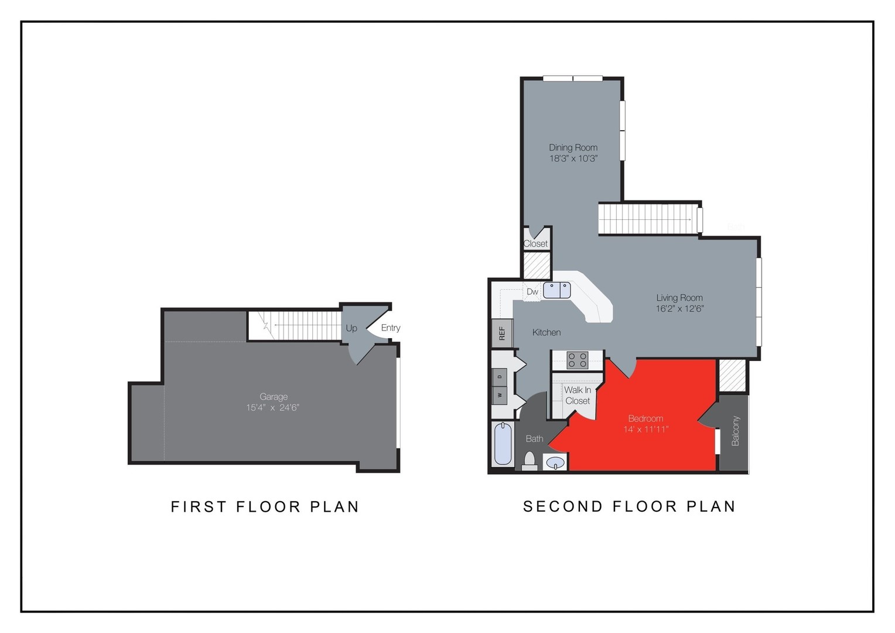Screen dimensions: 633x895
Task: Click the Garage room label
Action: coord(274,397)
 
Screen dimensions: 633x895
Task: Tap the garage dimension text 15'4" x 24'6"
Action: coord(272,408)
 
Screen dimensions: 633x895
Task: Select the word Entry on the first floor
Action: coord(391,328)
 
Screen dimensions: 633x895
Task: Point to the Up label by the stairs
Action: coord(351,328)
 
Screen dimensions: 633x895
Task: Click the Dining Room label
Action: coord(573,148)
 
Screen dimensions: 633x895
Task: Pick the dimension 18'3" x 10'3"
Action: coord(573,159)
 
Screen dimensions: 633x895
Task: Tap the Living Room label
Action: coord(679,298)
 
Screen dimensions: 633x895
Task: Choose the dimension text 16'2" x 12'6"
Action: coord(679,309)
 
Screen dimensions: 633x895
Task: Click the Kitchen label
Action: coord(546,332)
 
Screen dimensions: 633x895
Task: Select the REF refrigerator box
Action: coord(502,333)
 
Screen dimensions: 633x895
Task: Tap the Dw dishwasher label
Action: coord(532,292)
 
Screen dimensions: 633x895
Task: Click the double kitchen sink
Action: coord(556,290)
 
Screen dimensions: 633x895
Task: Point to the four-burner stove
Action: coord(578,360)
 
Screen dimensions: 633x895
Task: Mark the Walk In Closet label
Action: coord(578,395)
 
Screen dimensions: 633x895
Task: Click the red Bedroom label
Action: coord(645,418)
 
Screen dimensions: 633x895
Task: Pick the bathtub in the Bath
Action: coord(503,444)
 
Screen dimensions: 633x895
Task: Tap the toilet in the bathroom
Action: coord(530,461)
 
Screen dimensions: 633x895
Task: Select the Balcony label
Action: coord(736,431)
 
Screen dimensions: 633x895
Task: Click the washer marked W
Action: coord(500,395)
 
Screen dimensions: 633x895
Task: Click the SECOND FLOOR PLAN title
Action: coord(629,506)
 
